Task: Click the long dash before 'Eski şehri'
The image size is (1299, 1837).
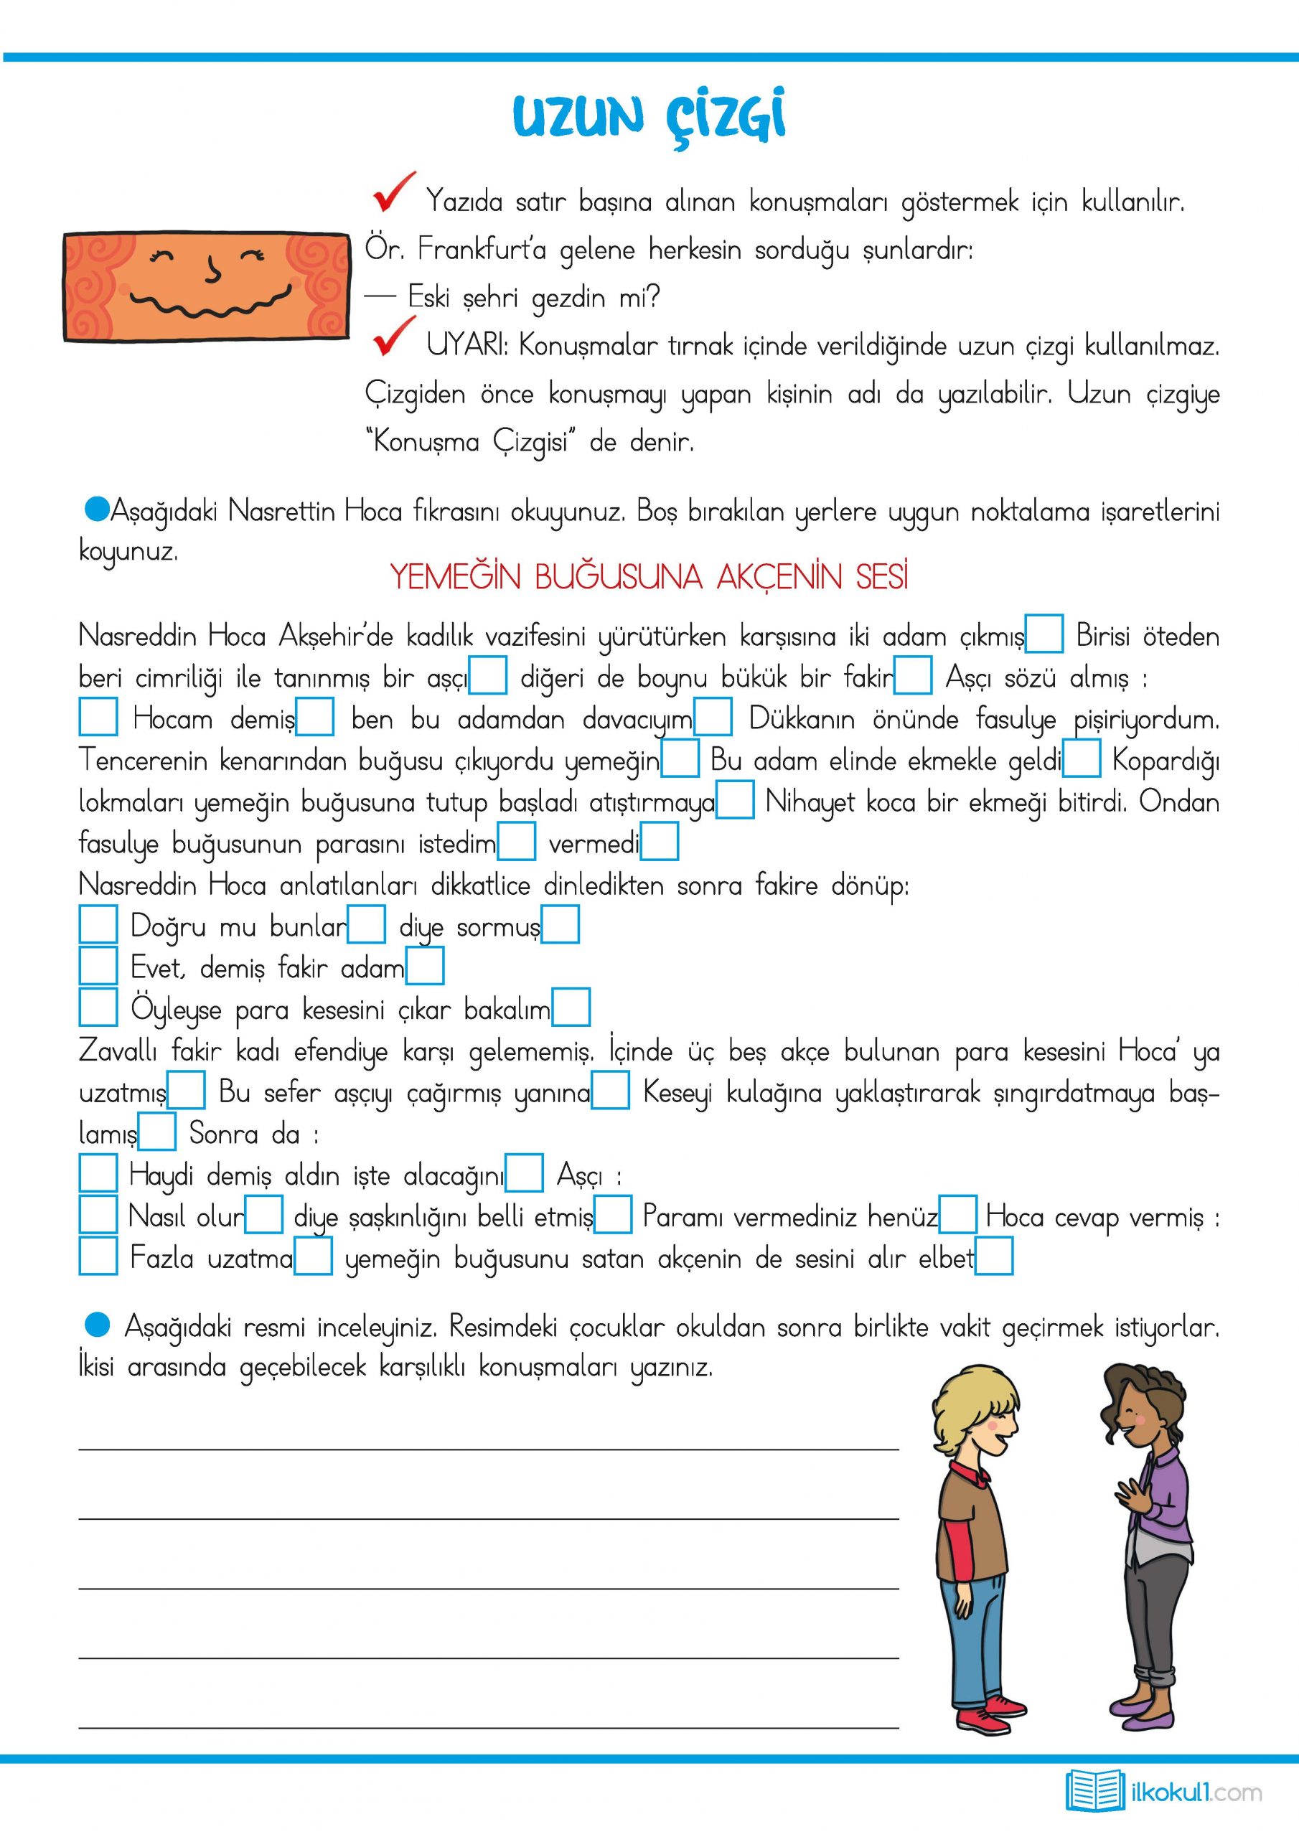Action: pyautogui.click(x=381, y=297)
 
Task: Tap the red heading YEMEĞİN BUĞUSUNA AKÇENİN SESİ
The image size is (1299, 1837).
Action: pyautogui.click(x=649, y=577)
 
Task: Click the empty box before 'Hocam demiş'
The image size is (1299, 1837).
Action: pyautogui.click(x=98, y=717)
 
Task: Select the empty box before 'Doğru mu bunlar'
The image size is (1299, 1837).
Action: pyautogui.click(x=98, y=924)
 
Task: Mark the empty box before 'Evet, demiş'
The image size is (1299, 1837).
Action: pyautogui.click(x=98, y=966)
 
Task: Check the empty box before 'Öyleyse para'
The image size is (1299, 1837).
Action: pyautogui.click(x=98, y=1007)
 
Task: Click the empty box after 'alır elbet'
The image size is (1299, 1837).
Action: pyautogui.click(x=995, y=1256)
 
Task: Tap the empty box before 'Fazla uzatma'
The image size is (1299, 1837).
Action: pyautogui.click(x=98, y=1256)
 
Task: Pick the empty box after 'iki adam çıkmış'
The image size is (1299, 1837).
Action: pyautogui.click(x=1044, y=634)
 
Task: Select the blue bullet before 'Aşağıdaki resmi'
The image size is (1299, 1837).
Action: pyautogui.click(x=97, y=1325)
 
